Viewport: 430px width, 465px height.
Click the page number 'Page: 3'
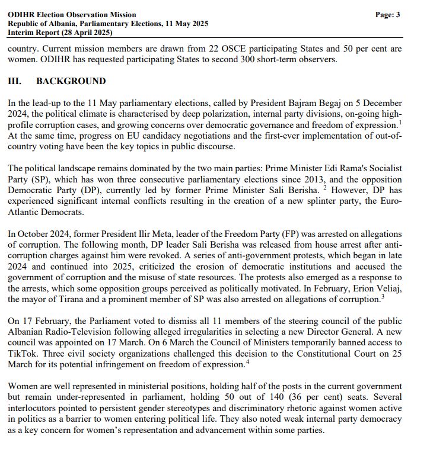point(387,15)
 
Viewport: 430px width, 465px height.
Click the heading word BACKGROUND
point(71,81)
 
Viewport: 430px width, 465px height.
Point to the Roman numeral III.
point(15,81)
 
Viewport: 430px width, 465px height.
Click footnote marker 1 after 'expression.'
point(400,122)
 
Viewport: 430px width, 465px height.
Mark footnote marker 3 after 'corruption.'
point(383,296)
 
